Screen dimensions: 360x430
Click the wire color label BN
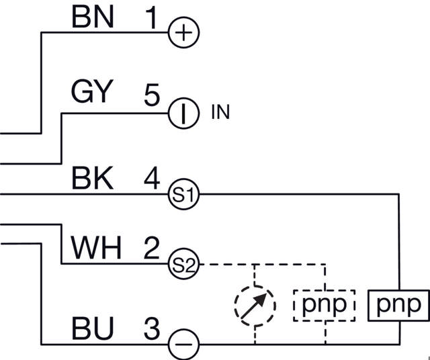[93, 18]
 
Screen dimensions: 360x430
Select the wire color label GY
[91, 92]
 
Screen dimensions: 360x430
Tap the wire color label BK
[91, 179]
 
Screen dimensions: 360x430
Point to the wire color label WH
[96, 249]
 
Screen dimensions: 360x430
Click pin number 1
[152, 18]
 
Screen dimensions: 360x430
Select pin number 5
[152, 93]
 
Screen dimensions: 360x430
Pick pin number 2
[152, 249]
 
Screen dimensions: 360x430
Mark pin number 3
[152, 330]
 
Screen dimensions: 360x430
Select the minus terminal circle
[183, 345]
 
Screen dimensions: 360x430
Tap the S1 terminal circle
[183, 195]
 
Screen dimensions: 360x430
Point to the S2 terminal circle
[183, 265]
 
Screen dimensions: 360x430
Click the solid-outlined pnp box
[399, 305]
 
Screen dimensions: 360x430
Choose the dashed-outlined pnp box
[324, 305]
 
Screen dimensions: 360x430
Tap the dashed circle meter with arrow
[255, 305]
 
